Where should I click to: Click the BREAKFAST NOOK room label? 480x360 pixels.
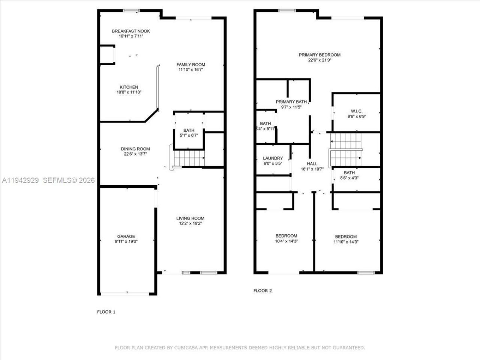tap(131, 31)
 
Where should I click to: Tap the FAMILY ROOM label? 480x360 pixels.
tap(191, 64)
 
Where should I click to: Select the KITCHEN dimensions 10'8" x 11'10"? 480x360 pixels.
tap(129, 92)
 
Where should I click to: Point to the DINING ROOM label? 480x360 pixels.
tap(135, 149)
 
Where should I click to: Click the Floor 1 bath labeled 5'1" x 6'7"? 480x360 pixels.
tap(189, 133)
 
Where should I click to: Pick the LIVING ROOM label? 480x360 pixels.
tap(190, 218)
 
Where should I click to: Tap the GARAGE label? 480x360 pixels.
tap(126, 236)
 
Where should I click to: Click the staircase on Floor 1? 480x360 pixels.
tap(189, 158)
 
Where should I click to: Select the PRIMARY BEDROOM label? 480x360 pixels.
tap(319, 55)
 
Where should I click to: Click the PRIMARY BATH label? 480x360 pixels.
tap(291, 102)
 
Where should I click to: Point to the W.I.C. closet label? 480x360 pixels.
tap(356, 111)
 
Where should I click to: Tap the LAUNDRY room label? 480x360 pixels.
tap(273, 158)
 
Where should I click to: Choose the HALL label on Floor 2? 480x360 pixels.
tap(312, 163)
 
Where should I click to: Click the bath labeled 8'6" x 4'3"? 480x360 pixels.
tap(349, 175)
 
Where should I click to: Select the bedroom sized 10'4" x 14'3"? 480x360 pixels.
tap(286, 238)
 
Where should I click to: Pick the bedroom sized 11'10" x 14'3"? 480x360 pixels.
tap(346, 239)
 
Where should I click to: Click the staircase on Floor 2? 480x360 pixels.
tap(346, 150)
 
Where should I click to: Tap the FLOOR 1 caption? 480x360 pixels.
tap(106, 312)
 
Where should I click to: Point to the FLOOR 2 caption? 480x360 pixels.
tap(262, 291)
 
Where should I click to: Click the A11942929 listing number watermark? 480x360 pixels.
tap(20, 180)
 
